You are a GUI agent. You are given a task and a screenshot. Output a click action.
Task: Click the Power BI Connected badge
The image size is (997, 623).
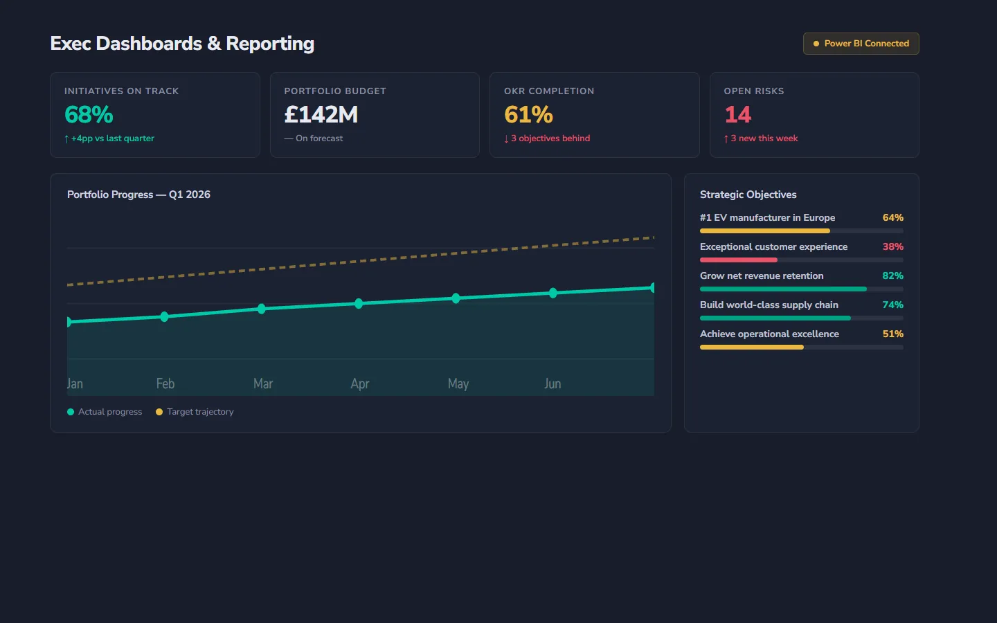point(861,44)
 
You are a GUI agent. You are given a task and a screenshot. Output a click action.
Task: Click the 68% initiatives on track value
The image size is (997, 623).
point(89,114)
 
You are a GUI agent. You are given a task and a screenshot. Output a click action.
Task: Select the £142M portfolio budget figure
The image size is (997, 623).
point(321,114)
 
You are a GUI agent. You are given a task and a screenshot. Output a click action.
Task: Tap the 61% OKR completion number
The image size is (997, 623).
point(528,114)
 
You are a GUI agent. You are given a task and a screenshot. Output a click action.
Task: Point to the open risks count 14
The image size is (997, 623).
point(737,114)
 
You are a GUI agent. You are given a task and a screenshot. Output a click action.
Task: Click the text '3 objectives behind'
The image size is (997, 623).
point(550,138)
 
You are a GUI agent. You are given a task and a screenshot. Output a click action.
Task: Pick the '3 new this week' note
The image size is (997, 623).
point(764,138)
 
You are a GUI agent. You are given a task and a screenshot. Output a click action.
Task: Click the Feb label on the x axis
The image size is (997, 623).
point(165,383)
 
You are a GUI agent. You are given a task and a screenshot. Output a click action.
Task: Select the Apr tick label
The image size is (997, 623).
point(360,383)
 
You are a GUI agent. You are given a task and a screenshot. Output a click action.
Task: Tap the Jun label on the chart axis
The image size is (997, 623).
point(553,383)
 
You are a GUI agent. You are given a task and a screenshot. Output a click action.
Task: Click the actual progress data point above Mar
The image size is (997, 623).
point(262,309)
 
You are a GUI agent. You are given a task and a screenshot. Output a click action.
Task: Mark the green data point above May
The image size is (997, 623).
point(456,298)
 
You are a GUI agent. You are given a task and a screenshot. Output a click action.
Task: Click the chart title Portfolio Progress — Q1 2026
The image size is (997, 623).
point(138,195)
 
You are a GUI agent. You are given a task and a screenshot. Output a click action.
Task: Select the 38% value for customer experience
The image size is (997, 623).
point(892,246)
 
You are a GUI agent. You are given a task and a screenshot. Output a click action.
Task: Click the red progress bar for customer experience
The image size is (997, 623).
point(739,260)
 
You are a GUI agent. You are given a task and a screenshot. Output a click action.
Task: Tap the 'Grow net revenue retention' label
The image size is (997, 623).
point(762,276)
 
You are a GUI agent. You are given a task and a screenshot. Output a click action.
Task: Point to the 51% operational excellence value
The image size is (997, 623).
point(892,334)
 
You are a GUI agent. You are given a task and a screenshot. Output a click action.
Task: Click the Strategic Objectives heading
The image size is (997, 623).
point(748,195)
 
